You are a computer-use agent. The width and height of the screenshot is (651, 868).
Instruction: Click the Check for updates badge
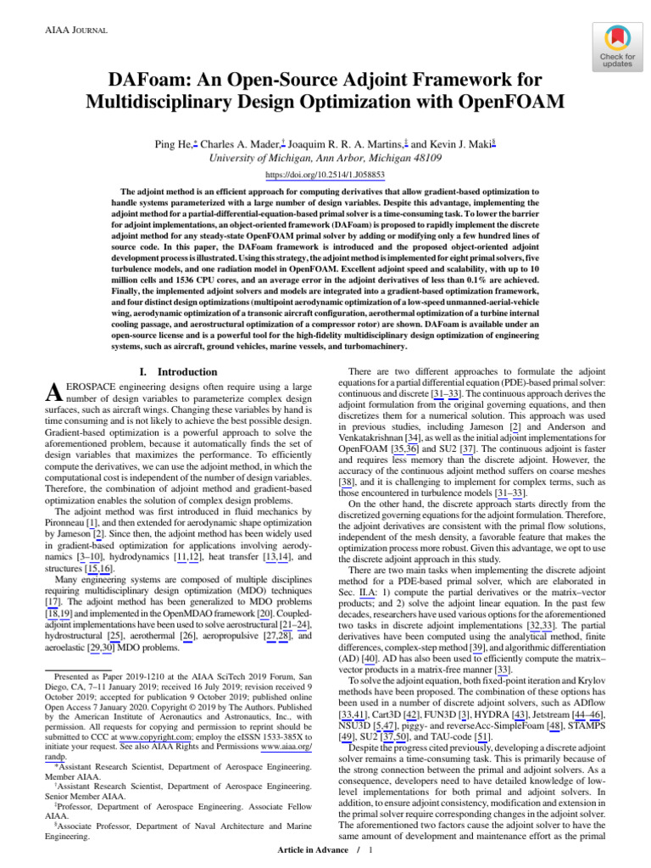coord(617,47)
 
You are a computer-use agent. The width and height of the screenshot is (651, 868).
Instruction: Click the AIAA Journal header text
coord(64,31)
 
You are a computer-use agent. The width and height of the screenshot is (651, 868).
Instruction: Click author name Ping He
coord(175,144)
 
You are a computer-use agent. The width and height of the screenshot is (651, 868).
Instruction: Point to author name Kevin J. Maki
coord(461,144)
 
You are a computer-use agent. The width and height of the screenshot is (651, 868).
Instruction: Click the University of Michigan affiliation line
coord(325,158)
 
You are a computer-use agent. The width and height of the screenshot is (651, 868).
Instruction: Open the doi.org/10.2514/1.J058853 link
coord(325,175)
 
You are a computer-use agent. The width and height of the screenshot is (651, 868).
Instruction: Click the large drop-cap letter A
coord(53,392)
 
